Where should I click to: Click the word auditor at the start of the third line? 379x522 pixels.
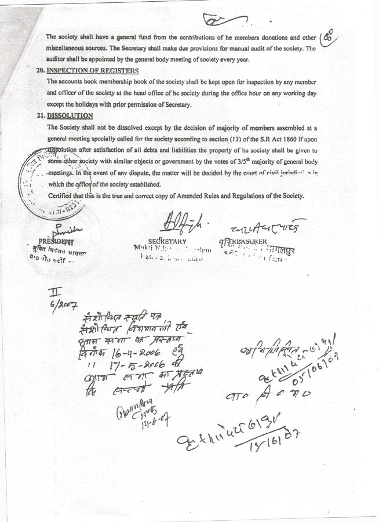[x=57, y=59]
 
